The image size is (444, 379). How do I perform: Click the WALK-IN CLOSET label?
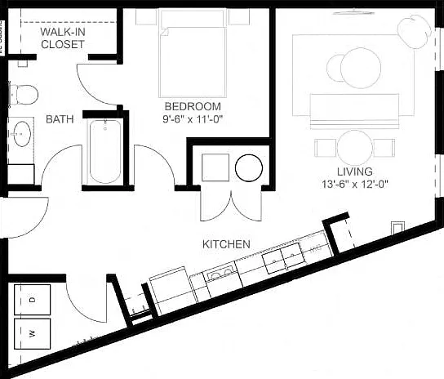tap(63, 38)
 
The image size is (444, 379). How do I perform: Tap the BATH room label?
tap(60, 119)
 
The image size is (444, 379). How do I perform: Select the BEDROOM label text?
tap(193, 106)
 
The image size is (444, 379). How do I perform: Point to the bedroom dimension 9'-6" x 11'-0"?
tap(193, 119)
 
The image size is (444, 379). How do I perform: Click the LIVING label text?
tap(355, 172)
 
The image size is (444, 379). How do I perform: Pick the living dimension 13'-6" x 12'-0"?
tap(355, 185)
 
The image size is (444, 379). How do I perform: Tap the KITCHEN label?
tap(226, 244)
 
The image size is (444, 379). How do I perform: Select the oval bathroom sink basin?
tap(22, 134)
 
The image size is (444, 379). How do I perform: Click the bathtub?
tap(105, 152)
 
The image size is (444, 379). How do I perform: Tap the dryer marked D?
tap(33, 300)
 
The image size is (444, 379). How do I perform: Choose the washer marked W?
tap(33, 333)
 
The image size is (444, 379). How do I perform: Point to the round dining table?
tap(354, 148)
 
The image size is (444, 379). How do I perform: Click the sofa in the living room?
tap(354, 111)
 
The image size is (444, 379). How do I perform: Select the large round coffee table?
tap(361, 68)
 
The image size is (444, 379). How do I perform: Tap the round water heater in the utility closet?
tap(249, 167)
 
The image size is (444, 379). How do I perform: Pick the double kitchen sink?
tap(284, 258)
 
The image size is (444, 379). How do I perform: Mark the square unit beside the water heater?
tap(215, 167)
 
